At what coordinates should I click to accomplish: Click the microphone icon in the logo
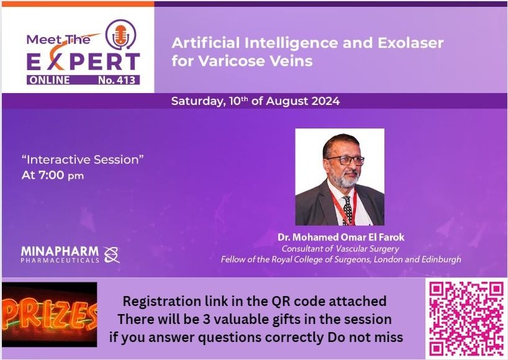(x=121, y=35)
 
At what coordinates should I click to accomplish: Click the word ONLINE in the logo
(x=50, y=80)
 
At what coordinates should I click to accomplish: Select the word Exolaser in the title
(x=410, y=43)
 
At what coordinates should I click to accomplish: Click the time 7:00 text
(x=51, y=175)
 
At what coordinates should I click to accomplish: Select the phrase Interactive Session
(x=83, y=160)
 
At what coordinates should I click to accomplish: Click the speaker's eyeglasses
(x=346, y=160)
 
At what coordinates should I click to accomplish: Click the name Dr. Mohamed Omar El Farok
(x=341, y=237)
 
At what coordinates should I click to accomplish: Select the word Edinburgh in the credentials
(x=442, y=259)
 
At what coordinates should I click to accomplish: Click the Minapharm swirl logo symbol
(x=112, y=254)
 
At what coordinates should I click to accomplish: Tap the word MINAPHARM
(x=60, y=251)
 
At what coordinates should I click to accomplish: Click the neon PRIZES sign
(x=50, y=315)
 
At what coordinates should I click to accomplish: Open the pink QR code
(x=466, y=318)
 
